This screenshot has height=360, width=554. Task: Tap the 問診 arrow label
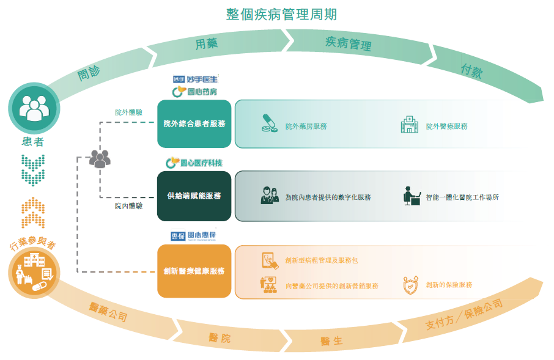(89, 73)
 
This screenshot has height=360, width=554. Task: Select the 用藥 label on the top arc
(207, 43)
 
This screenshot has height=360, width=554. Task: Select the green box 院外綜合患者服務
(194, 124)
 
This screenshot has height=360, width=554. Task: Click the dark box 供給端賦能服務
(194, 196)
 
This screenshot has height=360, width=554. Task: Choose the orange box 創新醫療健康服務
(194, 271)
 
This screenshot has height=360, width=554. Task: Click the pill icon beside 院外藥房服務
(268, 123)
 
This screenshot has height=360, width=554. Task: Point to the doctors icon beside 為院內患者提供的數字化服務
(270, 196)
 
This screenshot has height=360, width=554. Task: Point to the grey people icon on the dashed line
(100, 159)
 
